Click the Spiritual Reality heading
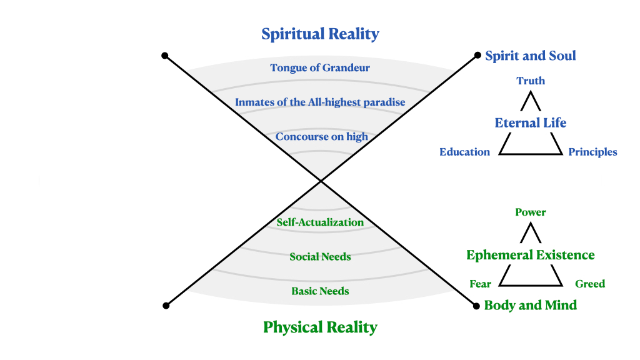coord(320,34)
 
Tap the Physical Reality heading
coord(320,327)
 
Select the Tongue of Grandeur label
coord(320,67)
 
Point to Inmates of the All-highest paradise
coord(320,102)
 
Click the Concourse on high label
coord(321,136)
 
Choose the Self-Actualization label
coord(320,222)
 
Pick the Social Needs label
coord(320,257)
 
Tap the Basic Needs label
coord(320,291)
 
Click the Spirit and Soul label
coord(531,56)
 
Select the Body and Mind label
coord(531,305)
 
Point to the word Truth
coord(531,81)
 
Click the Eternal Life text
coord(531,122)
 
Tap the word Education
coord(464,152)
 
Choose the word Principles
coord(592,152)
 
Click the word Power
coord(531,212)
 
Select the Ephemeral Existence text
coord(531,255)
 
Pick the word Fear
coord(480,284)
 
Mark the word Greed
coord(590,284)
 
